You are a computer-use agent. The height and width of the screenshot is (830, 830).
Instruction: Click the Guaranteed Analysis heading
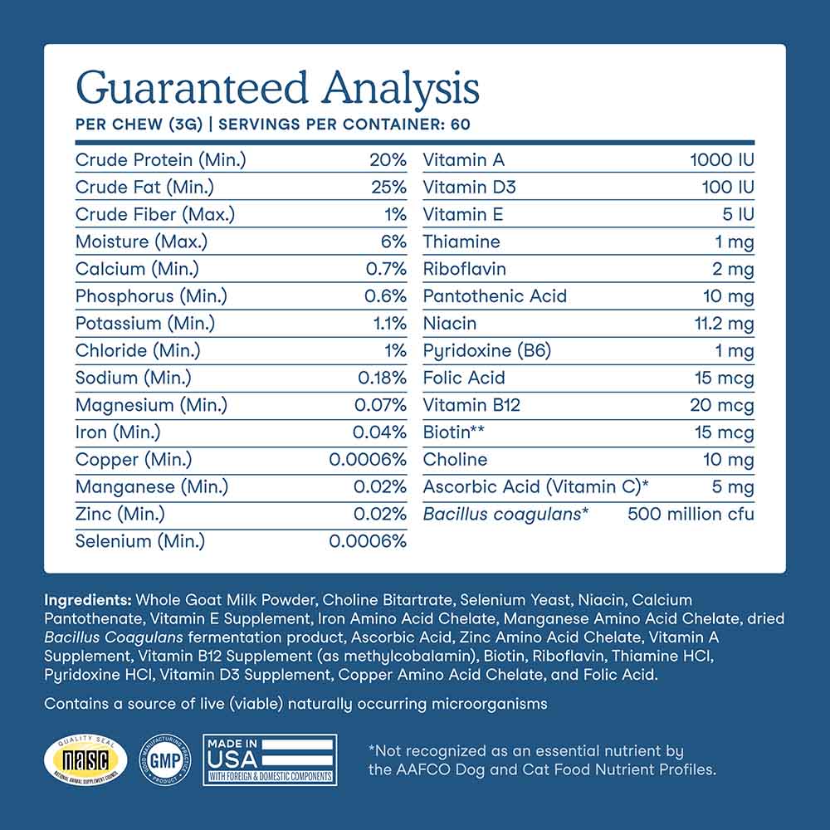point(277,89)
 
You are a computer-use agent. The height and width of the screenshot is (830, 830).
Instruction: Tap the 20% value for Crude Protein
point(388,160)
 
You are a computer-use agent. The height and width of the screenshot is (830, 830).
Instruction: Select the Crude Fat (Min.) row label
point(144,188)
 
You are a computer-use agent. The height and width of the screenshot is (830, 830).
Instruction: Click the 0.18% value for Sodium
point(382,378)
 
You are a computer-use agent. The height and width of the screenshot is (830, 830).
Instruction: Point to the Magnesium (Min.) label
point(151,406)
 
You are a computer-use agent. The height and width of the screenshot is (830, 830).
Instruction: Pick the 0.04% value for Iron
point(379,432)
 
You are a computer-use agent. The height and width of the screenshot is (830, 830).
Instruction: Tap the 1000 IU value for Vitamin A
point(721,160)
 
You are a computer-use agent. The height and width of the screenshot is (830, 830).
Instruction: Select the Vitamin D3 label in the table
point(469,188)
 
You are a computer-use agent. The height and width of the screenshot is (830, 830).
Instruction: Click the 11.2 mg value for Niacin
point(722,324)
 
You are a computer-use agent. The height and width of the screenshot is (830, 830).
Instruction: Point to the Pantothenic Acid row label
point(495,296)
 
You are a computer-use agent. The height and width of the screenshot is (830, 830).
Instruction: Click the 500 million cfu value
point(691,515)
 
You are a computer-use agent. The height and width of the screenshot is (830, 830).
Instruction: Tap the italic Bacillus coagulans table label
point(505,515)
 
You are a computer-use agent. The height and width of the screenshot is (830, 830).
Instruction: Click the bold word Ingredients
point(87,599)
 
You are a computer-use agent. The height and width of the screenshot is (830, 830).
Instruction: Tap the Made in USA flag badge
point(270,759)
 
